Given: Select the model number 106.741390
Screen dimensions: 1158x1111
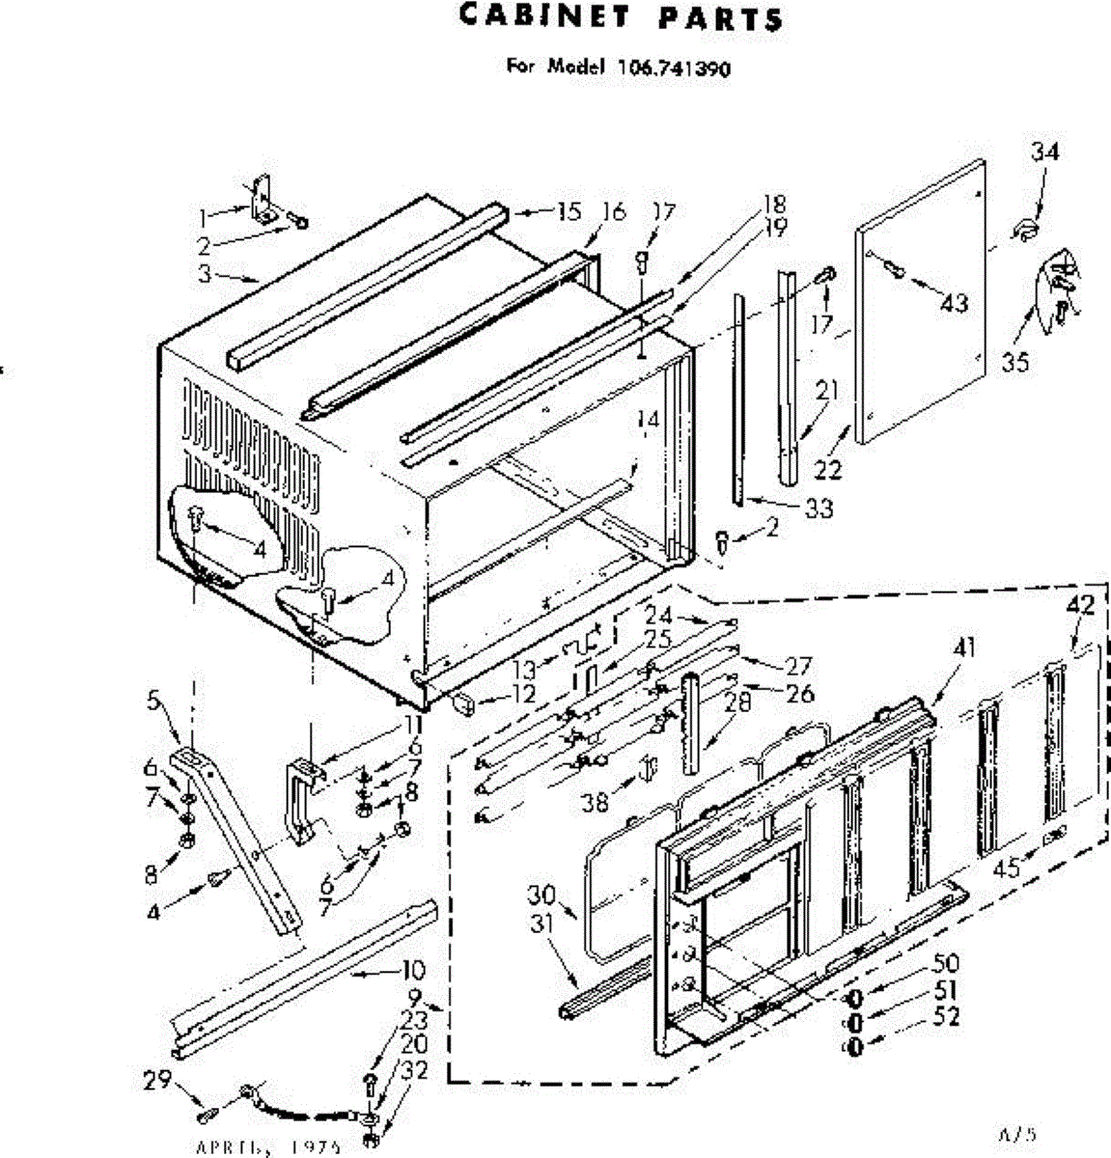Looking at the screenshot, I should [670, 69].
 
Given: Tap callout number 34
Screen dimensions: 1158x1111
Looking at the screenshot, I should [1043, 152].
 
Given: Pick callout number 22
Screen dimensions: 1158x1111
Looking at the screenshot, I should [828, 469].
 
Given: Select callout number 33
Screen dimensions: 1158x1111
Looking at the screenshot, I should [818, 508].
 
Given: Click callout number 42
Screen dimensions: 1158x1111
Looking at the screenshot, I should [1081, 606].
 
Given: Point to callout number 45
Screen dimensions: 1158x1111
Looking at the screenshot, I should [1007, 868].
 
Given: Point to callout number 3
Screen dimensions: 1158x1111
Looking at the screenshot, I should [204, 274].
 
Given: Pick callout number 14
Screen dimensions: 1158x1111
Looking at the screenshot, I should [648, 421].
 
